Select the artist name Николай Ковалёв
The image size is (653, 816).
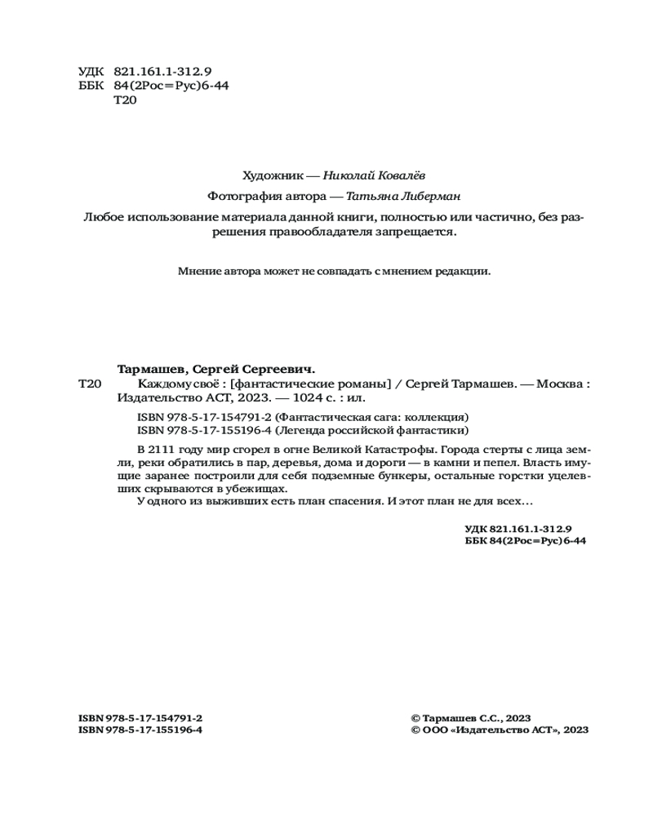click(x=374, y=175)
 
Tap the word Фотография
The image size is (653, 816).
click(x=243, y=196)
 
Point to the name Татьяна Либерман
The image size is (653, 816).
click(x=403, y=196)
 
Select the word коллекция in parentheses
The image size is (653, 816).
click(x=438, y=417)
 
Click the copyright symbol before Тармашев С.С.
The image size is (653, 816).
click(x=415, y=718)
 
